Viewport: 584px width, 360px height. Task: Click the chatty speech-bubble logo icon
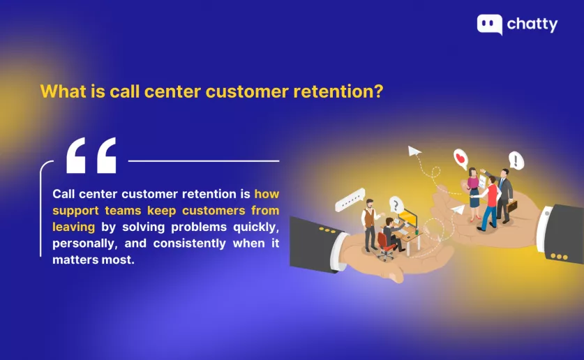(x=490, y=24)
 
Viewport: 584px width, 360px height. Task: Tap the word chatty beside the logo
(x=532, y=25)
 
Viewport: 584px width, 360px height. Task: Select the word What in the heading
(x=63, y=91)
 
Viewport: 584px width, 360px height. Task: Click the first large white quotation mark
(x=75, y=156)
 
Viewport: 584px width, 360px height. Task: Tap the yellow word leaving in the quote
(x=74, y=227)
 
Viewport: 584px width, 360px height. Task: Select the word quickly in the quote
(x=256, y=227)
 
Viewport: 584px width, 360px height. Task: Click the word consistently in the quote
(x=190, y=243)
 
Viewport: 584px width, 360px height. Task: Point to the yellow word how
(x=267, y=194)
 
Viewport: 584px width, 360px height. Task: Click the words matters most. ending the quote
(x=93, y=260)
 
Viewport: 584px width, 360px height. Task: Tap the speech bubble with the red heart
(x=461, y=159)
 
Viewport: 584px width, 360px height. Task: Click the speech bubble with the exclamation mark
(x=516, y=160)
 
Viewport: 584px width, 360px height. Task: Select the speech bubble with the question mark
(x=396, y=205)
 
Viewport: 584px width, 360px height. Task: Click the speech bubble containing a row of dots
(x=350, y=200)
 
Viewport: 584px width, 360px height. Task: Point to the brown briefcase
(x=512, y=206)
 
